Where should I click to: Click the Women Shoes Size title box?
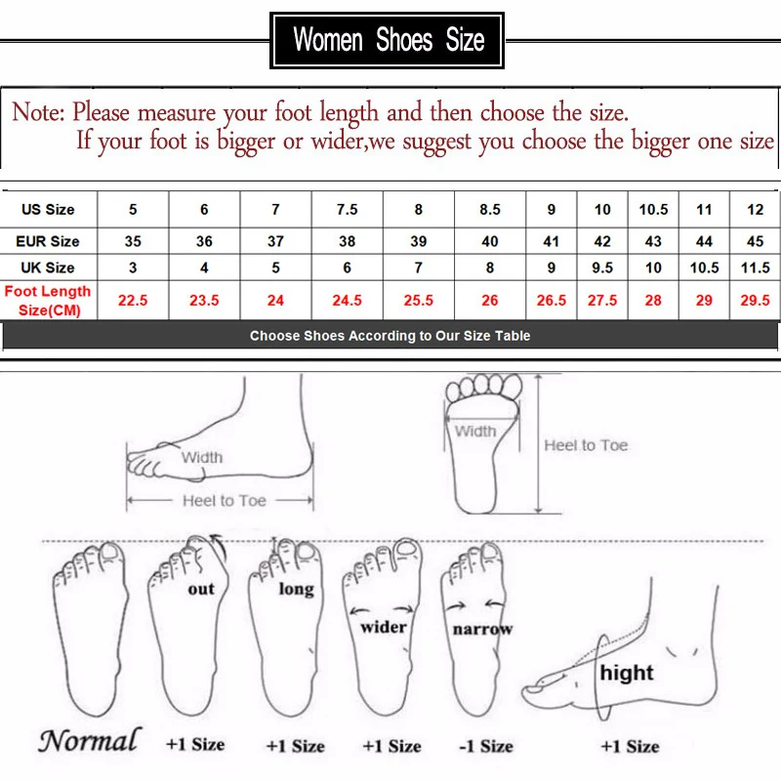(387, 40)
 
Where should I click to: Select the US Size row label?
(48, 209)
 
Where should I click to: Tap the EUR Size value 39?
(419, 241)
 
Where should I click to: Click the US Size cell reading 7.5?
(348, 209)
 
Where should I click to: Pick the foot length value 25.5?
(419, 301)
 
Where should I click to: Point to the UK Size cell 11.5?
(755, 267)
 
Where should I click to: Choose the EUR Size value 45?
(755, 241)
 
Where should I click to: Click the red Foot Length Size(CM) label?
(48, 301)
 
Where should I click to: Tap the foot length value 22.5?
(133, 301)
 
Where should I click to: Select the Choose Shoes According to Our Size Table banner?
(390, 336)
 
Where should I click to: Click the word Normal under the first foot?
(90, 740)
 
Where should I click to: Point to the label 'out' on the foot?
(201, 590)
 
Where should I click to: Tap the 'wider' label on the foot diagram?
(384, 627)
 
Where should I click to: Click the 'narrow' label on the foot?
(482, 629)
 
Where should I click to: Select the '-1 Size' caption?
(486, 746)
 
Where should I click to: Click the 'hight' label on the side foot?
(627, 673)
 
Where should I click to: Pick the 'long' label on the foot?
(297, 589)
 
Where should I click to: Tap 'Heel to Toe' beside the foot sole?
(586, 445)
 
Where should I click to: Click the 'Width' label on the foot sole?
(475, 431)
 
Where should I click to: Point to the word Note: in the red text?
(38, 111)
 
